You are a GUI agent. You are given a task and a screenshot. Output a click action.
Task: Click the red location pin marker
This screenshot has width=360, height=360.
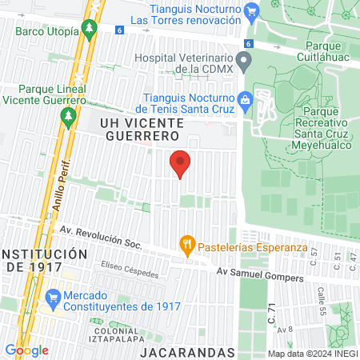pos(181,163)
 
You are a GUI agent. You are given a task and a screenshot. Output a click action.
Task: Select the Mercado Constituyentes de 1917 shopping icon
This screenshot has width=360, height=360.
pos(54,298)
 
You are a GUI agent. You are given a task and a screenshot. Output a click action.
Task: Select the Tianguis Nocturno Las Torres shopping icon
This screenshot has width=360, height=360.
pos(254,11)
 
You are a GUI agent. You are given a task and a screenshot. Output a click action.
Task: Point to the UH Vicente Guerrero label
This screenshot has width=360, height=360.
pos(142,129)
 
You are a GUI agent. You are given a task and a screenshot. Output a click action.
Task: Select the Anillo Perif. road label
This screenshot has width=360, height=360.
pos(62,183)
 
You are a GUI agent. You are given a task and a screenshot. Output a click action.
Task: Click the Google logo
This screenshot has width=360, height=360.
pos(26,350)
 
